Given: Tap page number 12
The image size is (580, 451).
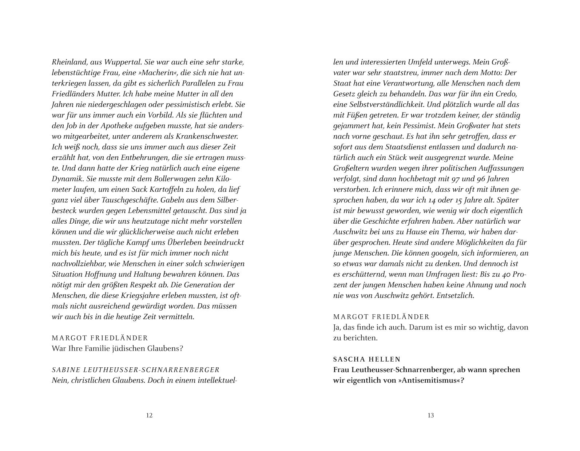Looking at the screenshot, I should [x=149, y=415].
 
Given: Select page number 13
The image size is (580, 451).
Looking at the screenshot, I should [x=431, y=415].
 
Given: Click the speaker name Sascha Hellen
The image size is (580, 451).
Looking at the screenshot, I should [x=367, y=359].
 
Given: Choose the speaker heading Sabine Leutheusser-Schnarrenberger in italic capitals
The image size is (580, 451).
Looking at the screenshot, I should [x=136, y=370].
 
